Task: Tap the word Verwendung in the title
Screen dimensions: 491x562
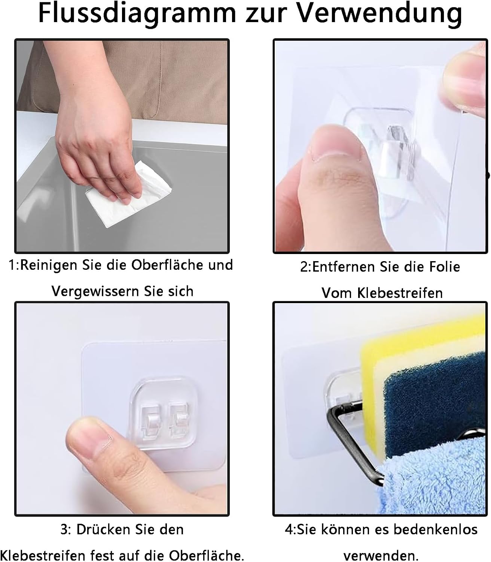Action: click(x=379, y=13)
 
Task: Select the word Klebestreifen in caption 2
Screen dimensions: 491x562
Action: click(x=400, y=293)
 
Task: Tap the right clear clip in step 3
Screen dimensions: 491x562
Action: click(x=179, y=419)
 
